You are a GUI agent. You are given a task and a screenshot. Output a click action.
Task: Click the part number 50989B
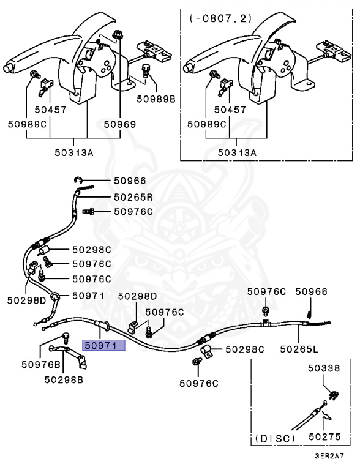click(156, 98)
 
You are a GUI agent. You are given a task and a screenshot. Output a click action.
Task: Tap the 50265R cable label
click(133, 197)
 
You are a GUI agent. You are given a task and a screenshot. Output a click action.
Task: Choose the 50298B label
click(64, 379)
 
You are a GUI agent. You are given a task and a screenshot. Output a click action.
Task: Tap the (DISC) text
click(274, 438)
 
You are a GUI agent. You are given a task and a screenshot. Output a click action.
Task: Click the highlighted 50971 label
click(103, 345)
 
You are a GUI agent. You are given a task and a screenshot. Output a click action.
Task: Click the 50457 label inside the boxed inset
click(231, 110)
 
